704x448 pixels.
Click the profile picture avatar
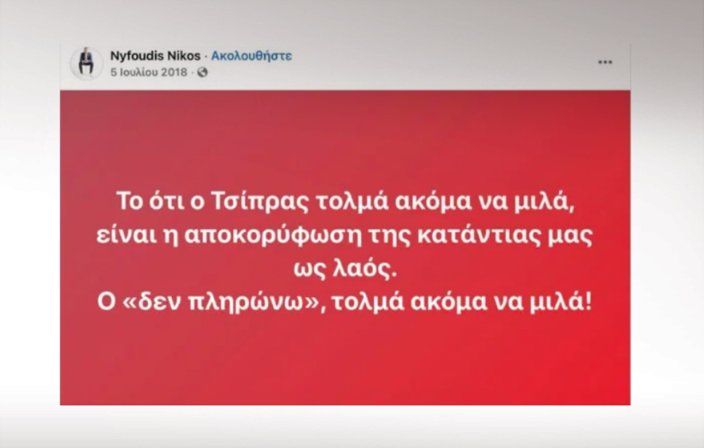[x=87, y=64]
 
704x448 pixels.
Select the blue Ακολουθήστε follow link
[x=251, y=56]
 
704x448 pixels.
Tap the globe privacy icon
[x=203, y=73]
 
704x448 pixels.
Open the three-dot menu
[x=605, y=62]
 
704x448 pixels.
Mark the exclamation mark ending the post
[x=588, y=301]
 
